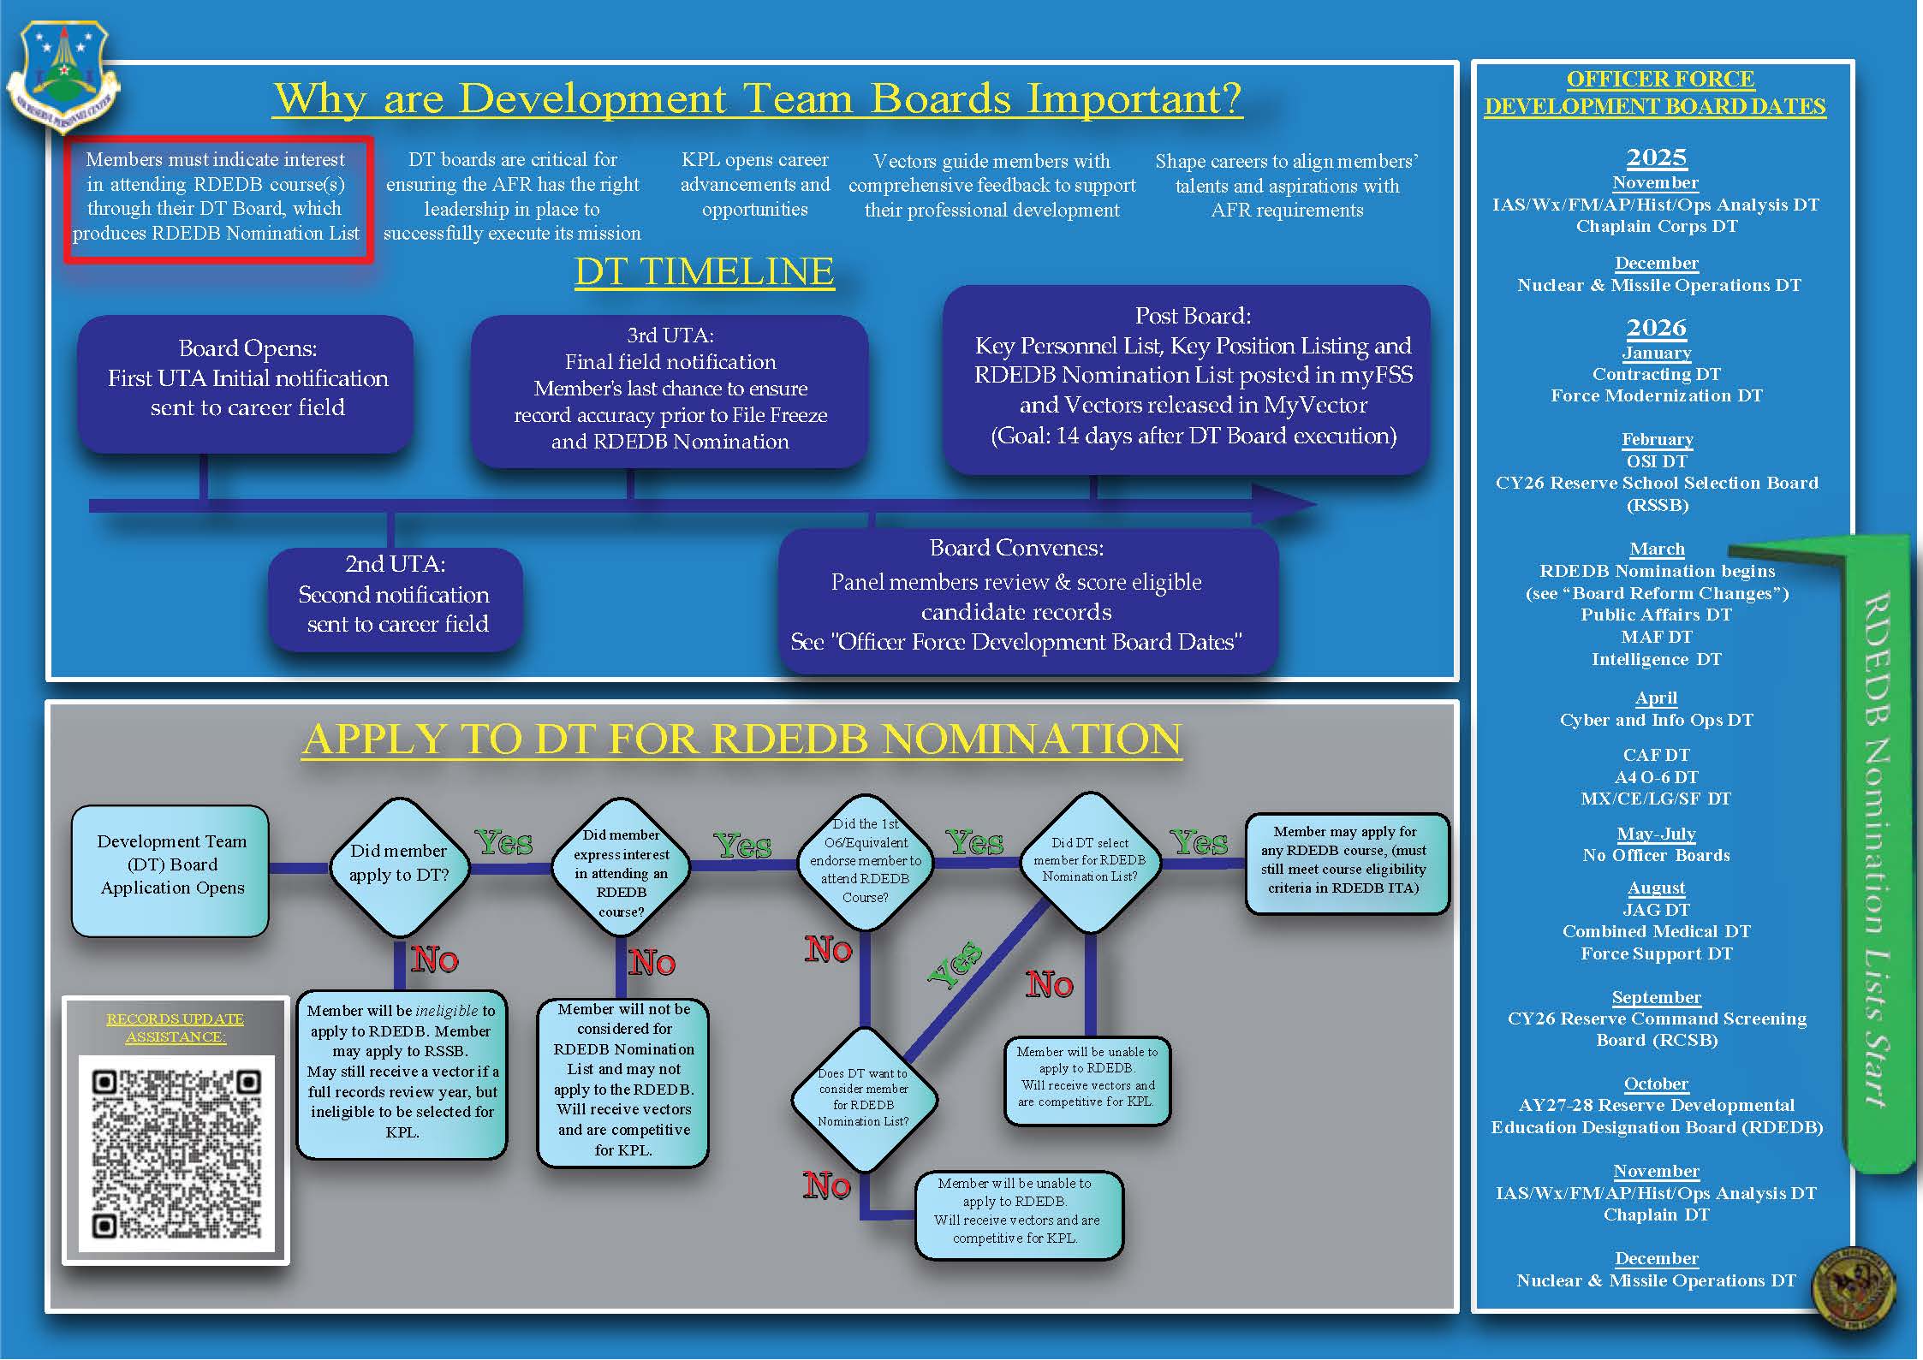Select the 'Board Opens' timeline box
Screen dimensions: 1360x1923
(x=247, y=380)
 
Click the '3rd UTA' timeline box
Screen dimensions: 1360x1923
(x=670, y=389)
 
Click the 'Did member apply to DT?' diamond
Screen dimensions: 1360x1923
(x=399, y=864)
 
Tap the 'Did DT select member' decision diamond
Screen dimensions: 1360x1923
(x=1089, y=861)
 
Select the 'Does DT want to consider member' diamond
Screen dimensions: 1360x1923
(x=863, y=1098)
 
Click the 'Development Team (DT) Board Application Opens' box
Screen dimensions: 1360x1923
(x=171, y=866)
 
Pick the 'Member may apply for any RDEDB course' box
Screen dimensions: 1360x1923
(x=1345, y=861)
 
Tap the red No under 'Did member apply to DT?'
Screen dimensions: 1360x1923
(x=435, y=960)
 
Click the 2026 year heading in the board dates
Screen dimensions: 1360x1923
(x=1656, y=328)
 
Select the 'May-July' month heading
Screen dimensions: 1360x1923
(x=1656, y=834)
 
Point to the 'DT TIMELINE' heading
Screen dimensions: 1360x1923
(x=704, y=272)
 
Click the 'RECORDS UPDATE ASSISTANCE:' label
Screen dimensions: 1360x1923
(x=175, y=1027)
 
